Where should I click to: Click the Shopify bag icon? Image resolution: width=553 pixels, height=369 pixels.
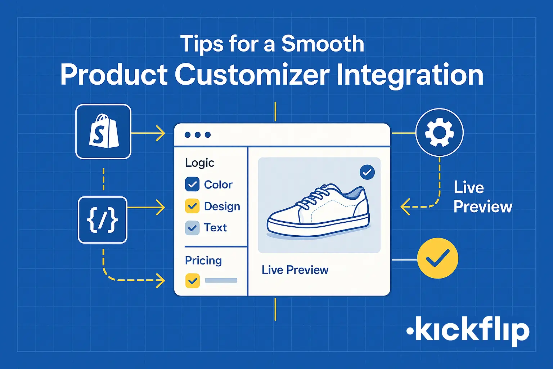(x=103, y=131)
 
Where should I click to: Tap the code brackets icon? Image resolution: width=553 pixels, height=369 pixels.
(x=103, y=220)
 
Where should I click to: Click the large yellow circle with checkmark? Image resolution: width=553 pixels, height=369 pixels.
(x=437, y=258)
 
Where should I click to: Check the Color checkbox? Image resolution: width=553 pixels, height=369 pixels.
(x=192, y=184)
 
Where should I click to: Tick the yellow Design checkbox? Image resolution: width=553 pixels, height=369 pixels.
(x=192, y=206)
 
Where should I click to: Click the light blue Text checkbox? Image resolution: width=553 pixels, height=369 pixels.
(x=192, y=228)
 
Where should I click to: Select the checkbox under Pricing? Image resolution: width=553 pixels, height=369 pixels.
(x=192, y=280)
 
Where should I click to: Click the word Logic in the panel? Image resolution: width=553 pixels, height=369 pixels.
(x=200, y=163)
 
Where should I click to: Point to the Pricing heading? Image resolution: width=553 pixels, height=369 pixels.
(x=203, y=261)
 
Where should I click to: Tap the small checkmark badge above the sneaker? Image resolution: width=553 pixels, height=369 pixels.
(x=367, y=172)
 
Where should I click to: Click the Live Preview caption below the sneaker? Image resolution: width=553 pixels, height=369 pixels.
(x=295, y=270)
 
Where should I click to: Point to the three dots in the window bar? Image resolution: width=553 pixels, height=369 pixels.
(x=198, y=135)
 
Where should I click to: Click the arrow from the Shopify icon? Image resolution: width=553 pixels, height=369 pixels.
(x=148, y=133)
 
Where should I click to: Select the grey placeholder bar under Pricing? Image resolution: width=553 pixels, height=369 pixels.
(x=221, y=280)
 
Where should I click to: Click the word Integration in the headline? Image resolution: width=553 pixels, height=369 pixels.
(x=410, y=75)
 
